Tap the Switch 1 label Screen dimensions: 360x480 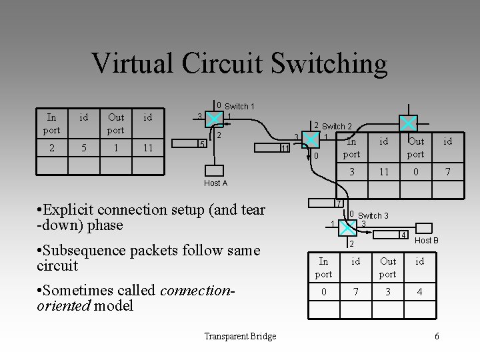pos(239,106)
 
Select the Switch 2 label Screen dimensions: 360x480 pos(337,126)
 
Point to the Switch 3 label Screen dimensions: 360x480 pos(373,215)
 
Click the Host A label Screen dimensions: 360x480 pos(215,183)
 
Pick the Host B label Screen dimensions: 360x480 pos(427,240)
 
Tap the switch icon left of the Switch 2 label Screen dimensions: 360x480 pos(311,139)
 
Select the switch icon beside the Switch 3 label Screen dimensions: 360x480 pos(350,227)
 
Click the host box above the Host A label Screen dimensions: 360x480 pos(215,170)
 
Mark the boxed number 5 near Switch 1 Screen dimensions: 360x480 pos(202,145)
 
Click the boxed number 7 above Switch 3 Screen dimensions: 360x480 pos(339,203)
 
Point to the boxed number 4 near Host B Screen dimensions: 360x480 pos(403,235)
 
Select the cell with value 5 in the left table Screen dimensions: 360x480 pos(83,147)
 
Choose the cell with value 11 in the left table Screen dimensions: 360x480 pos(147,147)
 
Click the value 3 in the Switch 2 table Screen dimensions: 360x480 pos(351,172)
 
